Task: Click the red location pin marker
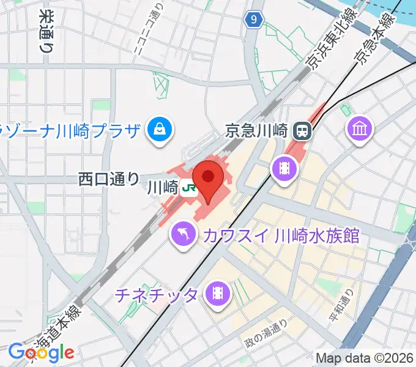coord(209,178)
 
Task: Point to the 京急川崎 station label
coord(256,130)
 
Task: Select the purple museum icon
coord(358,128)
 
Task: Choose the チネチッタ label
coord(157,295)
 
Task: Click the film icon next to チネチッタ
coord(218,294)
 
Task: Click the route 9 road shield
coord(254,21)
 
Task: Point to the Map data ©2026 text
coord(364,357)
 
